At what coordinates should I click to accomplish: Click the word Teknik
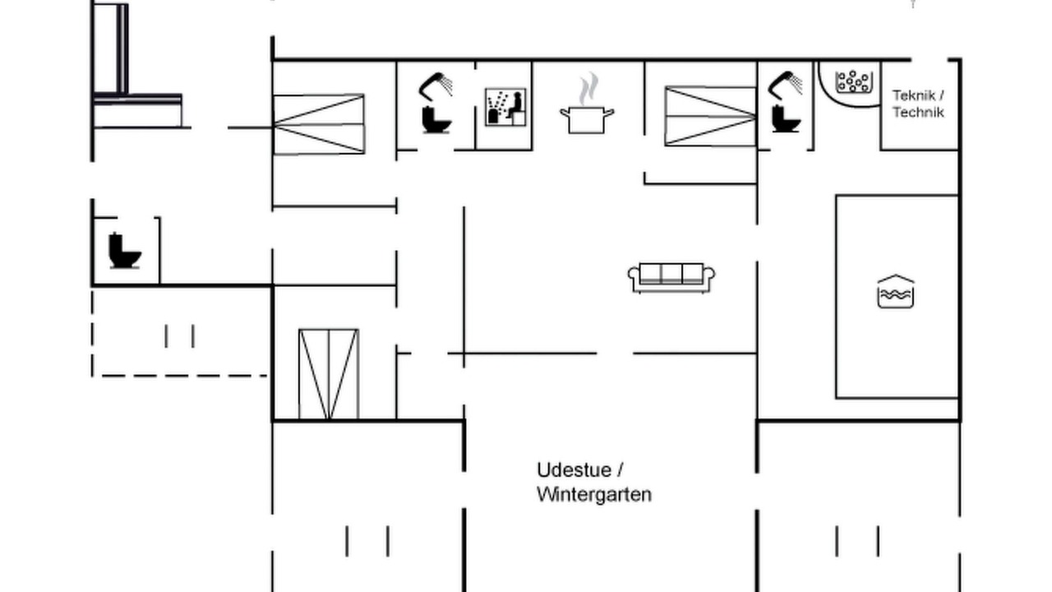click(x=913, y=96)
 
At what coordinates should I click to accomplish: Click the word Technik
click(x=918, y=113)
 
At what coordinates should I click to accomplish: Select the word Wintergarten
click(x=594, y=495)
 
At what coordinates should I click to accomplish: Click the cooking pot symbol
click(x=587, y=120)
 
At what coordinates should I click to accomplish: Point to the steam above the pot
click(x=588, y=88)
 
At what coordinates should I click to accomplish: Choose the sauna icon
click(x=505, y=107)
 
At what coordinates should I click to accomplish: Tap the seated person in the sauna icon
click(x=515, y=105)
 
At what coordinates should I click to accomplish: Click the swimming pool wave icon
click(x=896, y=291)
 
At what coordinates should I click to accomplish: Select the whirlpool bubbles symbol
click(x=854, y=81)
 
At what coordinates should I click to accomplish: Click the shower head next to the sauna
click(x=436, y=86)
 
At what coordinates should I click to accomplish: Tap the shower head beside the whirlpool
click(x=785, y=85)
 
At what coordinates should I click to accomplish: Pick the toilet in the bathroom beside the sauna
click(x=436, y=120)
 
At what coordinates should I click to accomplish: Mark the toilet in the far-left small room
click(x=124, y=251)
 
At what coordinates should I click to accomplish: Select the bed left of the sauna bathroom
click(x=319, y=124)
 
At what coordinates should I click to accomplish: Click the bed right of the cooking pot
click(x=710, y=116)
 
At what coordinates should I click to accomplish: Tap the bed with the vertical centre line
click(x=329, y=374)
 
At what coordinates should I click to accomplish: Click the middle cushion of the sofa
click(x=671, y=273)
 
